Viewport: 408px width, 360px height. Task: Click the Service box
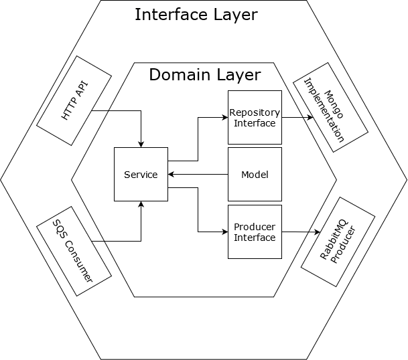coord(141,175)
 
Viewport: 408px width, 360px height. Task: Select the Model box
coord(255,175)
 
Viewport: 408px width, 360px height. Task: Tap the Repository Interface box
coord(255,117)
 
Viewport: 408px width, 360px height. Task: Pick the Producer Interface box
coord(255,232)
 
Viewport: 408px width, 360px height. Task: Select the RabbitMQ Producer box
coord(338,242)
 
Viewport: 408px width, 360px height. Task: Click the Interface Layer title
coord(196,15)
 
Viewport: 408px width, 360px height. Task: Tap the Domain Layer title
coord(204,74)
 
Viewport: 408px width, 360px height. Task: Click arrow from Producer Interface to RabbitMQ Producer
coord(301,232)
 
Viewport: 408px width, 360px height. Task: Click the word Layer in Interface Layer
coord(232,15)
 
